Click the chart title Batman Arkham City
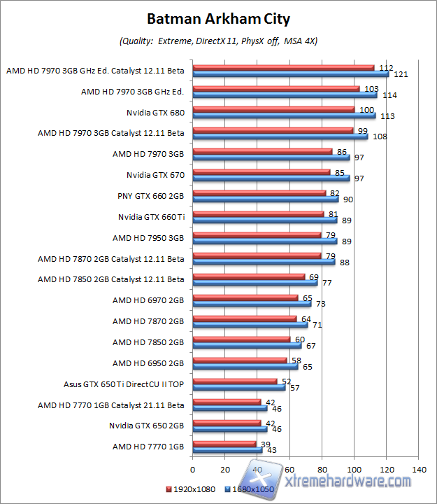tap(218, 18)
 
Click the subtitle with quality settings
tap(218, 41)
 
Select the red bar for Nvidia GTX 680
tap(273, 109)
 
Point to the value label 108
tap(380, 136)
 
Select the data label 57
tap(294, 387)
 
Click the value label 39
tap(265, 444)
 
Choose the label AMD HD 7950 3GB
tap(148, 237)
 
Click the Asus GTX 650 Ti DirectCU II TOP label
tap(124, 384)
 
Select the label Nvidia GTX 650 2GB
tap(146, 425)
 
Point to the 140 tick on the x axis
tap(420, 469)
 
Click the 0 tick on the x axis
tap(192, 469)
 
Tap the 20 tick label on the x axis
tap(224, 469)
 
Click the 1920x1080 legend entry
tap(189, 489)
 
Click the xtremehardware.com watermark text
tap(348, 482)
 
